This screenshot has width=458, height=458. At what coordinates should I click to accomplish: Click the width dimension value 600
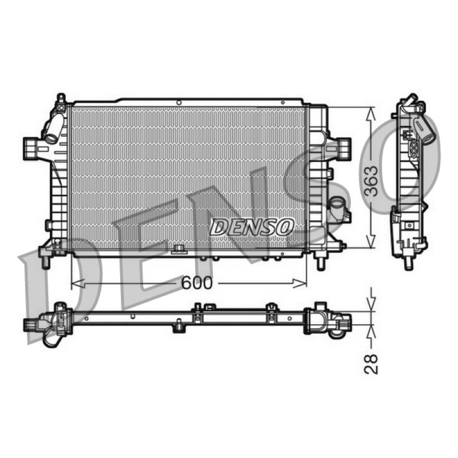[196, 283]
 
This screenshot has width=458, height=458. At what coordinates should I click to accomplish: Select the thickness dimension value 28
[371, 364]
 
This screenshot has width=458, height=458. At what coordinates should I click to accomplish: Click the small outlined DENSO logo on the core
[252, 227]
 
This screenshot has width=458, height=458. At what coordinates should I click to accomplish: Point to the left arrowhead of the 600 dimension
[78, 283]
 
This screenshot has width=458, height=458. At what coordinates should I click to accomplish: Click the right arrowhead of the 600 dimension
[300, 283]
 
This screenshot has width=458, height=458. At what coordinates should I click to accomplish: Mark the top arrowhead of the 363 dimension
[371, 113]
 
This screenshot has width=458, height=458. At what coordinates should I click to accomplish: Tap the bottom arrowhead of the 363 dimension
[371, 242]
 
